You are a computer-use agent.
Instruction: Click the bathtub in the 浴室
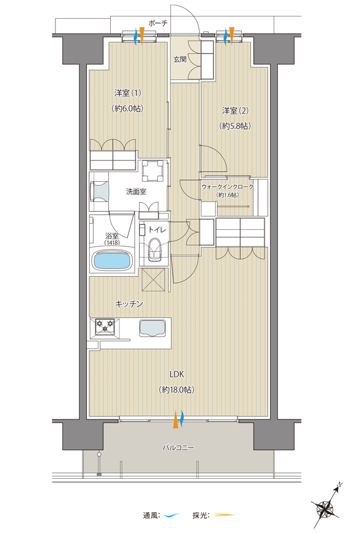pyautogui.click(x=112, y=261)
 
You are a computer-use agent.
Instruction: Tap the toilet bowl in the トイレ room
pyautogui.click(x=155, y=249)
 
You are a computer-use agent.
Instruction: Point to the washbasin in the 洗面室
pyautogui.click(x=100, y=191)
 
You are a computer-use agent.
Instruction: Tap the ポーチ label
pyautogui.click(x=158, y=23)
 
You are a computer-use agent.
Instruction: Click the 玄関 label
pyautogui.click(x=180, y=59)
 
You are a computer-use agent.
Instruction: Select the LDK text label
pyautogui.click(x=177, y=374)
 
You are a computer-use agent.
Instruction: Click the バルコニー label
pyautogui.click(x=178, y=447)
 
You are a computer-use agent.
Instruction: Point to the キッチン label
pyautogui.click(x=129, y=304)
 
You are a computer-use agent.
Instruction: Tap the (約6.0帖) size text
pyautogui.click(x=127, y=108)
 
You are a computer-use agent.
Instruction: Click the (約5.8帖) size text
pyautogui.click(x=235, y=126)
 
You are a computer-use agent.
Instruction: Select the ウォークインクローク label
pyautogui.click(x=227, y=187)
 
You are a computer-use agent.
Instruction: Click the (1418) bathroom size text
pyautogui.click(x=112, y=243)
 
